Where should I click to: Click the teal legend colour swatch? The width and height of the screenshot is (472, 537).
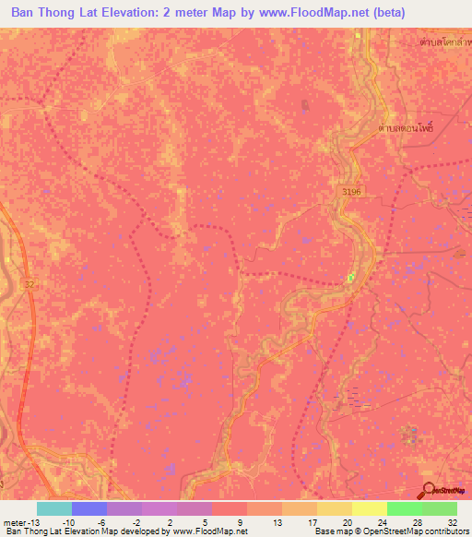[x=54, y=508]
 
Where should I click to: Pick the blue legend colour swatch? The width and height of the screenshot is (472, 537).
[x=89, y=508]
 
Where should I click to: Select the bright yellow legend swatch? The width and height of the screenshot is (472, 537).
[x=370, y=508]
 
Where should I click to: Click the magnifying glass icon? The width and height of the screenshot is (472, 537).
[x=430, y=489]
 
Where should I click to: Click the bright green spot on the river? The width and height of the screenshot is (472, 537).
[x=350, y=276]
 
